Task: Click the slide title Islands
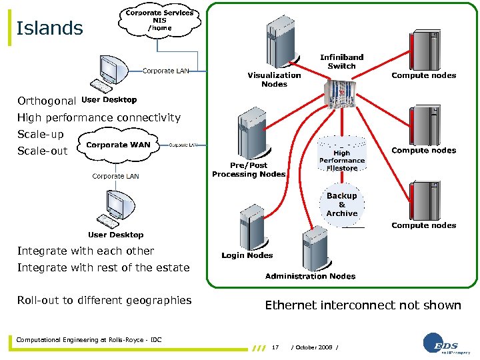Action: coord(49,29)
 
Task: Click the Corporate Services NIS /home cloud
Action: coord(159,21)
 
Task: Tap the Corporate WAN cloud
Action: coord(118,145)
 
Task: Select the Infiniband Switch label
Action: coord(341,61)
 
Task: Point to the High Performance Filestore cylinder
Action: coord(341,157)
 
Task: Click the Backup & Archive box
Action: coord(341,205)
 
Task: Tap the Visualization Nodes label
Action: coord(274,79)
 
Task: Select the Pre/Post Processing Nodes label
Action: coord(249,169)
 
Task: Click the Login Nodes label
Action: coord(247,255)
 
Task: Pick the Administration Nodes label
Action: coord(310,276)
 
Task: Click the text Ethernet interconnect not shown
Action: coord(363,305)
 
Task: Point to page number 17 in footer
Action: coord(275,347)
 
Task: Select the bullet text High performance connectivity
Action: coord(99,118)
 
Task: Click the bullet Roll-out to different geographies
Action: coord(105,300)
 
